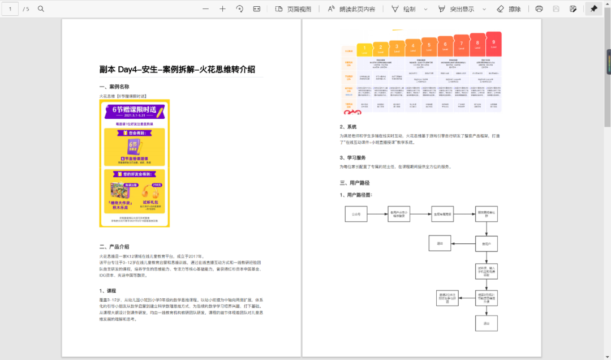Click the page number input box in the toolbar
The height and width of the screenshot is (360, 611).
[x=10, y=8]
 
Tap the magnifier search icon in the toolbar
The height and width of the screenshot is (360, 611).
[x=41, y=8]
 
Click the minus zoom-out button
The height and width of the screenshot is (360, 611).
[x=205, y=8]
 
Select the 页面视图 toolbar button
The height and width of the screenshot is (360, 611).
[x=293, y=8]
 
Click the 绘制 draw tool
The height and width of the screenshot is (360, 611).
[x=403, y=8]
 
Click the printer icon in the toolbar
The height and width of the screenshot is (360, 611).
[x=539, y=8]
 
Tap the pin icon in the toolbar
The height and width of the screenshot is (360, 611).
[x=593, y=8]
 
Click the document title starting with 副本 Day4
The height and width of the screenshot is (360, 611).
[x=177, y=70]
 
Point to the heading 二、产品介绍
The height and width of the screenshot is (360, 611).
[x=114, y=246]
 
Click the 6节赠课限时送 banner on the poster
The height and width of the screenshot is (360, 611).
[x=135, y=112]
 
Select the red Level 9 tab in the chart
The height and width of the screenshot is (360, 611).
[x=494, y=44]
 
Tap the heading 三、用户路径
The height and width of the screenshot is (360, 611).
[x=355, y=183]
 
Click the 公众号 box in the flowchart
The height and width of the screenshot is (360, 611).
[x=356, y=214]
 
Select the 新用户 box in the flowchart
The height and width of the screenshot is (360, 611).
[x=486, y=243]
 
